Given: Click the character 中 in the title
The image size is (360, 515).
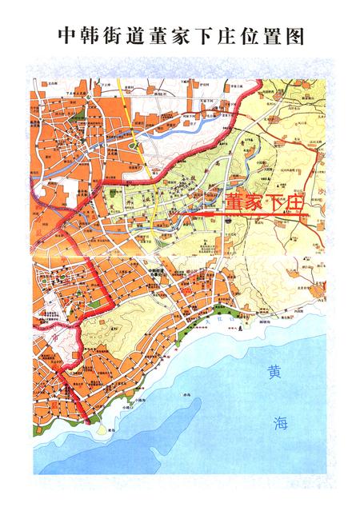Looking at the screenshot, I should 69,37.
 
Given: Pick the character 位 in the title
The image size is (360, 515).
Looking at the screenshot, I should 246,37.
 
